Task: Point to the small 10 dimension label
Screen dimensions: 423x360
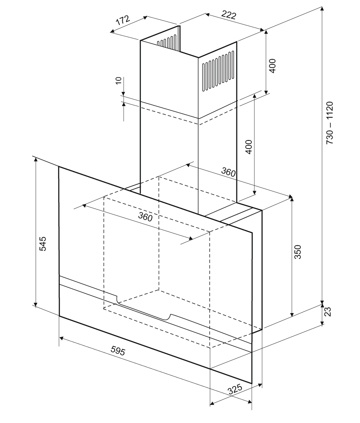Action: coord(119,82)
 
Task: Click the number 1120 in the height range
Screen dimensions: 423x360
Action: coord(330,111)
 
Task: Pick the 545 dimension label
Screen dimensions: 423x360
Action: coord(42,243)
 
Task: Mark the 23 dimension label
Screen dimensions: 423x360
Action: coord(328,311)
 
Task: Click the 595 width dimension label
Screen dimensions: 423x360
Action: coord(118,351)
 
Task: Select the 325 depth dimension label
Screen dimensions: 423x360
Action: coord(235,390)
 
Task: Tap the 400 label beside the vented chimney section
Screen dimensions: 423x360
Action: coord(273,65)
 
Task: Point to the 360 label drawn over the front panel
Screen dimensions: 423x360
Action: coord(145,216)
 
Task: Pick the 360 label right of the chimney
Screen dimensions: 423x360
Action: coord(228,172)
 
